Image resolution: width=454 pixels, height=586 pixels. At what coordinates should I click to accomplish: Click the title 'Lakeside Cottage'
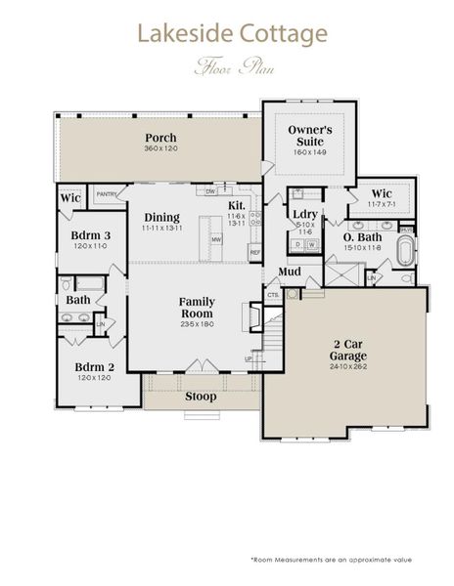(x=232, y=35)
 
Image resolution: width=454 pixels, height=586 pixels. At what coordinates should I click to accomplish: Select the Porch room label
(x=160, y=138)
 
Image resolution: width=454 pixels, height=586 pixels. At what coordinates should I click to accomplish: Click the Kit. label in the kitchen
(x=237, y=205)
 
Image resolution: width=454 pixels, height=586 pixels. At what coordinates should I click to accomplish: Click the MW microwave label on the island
(x=214, y=237)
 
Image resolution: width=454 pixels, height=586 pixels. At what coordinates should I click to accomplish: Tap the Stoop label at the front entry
(x=202, y=397)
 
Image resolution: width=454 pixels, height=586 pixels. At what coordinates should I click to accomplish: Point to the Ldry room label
(x=303, y=215)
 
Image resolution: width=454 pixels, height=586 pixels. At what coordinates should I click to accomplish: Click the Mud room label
(x=289, y=271)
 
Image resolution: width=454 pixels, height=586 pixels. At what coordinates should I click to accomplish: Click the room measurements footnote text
(x=331, y=560)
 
